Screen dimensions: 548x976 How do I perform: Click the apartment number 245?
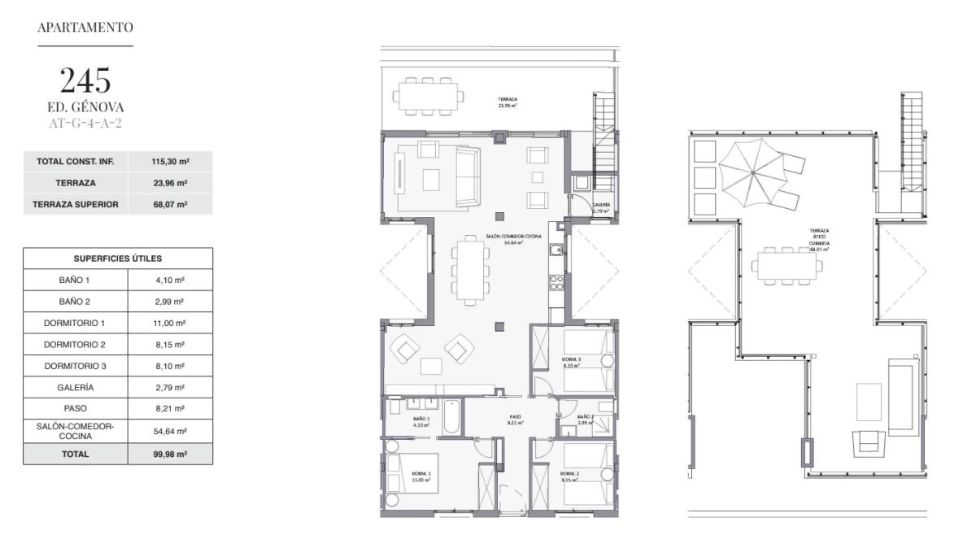85,80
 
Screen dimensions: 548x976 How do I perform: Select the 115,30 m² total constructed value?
170,162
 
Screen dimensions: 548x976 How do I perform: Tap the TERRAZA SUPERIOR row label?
76,205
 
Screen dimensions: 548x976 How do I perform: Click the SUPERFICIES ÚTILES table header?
118,259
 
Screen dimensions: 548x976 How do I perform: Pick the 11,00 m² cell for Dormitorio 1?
170,323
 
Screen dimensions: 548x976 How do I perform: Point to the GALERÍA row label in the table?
75,388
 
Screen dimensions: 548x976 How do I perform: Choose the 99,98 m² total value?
170,454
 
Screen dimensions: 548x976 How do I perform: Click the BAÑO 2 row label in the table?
75,301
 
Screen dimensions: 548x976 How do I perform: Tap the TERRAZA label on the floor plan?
508,101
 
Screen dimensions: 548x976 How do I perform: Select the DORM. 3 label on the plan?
571,359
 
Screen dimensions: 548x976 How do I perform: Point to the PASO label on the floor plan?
515,418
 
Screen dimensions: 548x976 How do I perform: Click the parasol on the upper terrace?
754,172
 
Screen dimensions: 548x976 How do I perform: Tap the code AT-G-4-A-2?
85,124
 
